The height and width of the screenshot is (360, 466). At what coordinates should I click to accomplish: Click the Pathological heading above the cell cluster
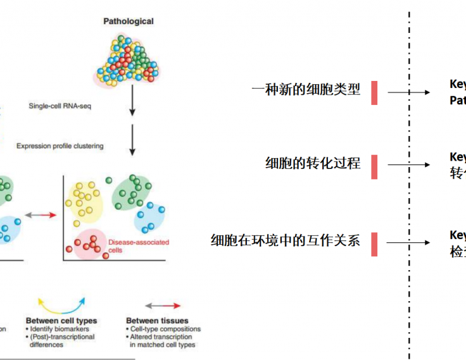pyautogui.click(x=129, y=21)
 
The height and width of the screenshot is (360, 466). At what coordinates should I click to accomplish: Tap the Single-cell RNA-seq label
pyautogui.click(x=60, y=106)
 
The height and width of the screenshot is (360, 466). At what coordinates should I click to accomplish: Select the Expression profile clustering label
pyautogui.click(x=60, y=146)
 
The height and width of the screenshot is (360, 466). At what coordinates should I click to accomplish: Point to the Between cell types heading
pyautogui.click(x=61, y=321)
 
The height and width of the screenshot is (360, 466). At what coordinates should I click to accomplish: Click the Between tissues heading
pyautogui.click(x=157, y=321)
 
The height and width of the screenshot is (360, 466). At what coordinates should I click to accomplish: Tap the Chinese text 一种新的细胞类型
pyautogui.click(x=306, y=90)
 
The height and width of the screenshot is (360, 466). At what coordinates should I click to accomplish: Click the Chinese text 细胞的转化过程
pyautogui.click(x=313, y=163)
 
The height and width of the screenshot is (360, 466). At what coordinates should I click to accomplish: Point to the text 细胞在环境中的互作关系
pyautogui.click(x=286, y=240)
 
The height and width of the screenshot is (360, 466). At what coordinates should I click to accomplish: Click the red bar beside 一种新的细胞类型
pyautogui.click(x=374, y=92)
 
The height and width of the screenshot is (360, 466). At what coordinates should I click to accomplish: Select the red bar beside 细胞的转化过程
pyautogui.click(x=374, y=166)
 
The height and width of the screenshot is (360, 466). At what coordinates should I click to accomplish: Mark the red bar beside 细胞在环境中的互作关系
pyautogui.click(x=374, y=244)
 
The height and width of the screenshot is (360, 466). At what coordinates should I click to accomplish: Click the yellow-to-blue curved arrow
pyautogui.click(x=61, y=302)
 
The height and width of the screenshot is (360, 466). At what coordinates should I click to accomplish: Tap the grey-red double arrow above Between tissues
pyautogui.click(x=161, y=305)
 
